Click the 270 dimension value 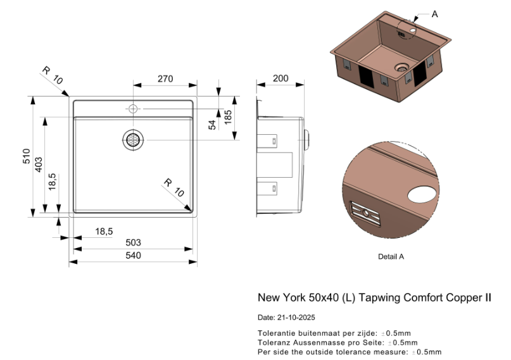(165, 79)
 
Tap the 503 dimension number (133, 243)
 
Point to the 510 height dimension (27, 156)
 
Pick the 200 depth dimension (281, 79)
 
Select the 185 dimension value (228, 116)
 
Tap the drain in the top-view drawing (133, 140)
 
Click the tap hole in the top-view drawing (133, 109)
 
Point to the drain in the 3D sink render (401, 66)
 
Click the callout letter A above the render (434, 14)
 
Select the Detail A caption (391, 257)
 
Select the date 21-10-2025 (296, 318)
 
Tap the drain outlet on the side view (306, 137)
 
